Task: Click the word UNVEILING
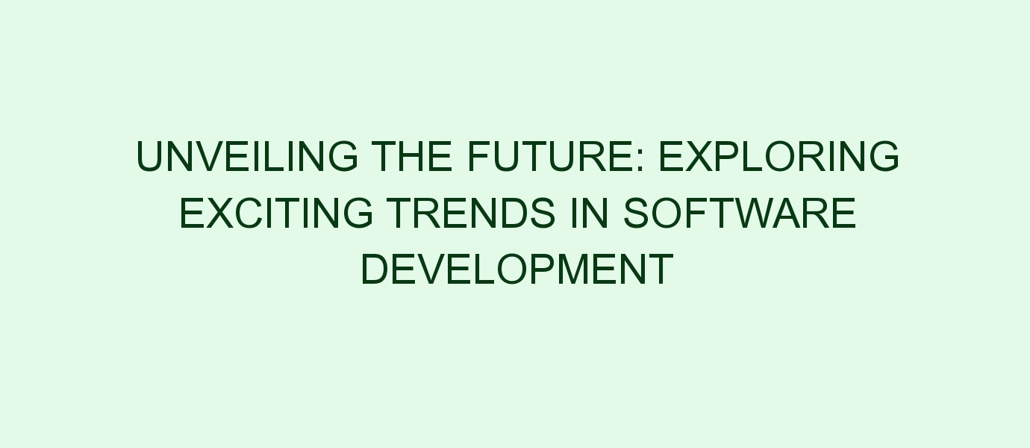tap(247, 156)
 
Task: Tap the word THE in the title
tap(412, 156)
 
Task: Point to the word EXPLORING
tap(779, 156)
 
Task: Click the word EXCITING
tap(276, 213)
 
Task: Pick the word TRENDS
tap(471, 213)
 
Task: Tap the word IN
tap(590, 213)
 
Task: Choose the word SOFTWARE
tap(740, 213)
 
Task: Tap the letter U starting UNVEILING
tap(150, 157)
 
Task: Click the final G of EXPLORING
tap(883, 156)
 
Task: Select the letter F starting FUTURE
tap(480, 156)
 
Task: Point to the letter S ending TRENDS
tap(543, 213)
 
